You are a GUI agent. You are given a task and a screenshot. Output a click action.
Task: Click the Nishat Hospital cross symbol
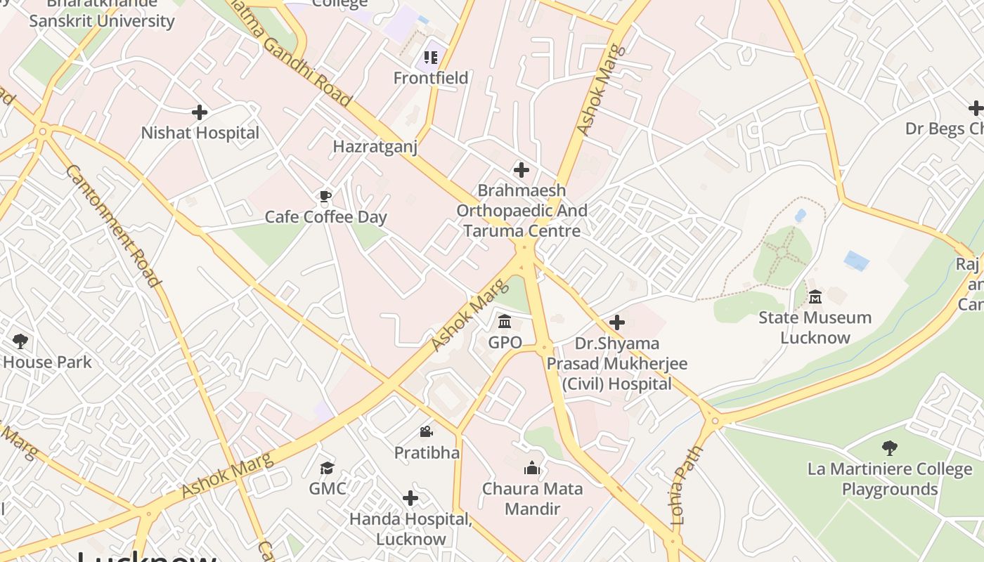coord(200,112)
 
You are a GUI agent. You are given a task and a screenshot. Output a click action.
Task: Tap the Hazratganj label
coord(375,147)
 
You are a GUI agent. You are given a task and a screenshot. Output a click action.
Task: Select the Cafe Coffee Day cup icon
coord(325,196)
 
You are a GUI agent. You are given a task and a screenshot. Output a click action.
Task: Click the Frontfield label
coord(431,78)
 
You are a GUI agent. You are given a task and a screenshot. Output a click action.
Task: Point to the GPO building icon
coord(505,322)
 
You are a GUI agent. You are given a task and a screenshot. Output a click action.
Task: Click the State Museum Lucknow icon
coord(815,297)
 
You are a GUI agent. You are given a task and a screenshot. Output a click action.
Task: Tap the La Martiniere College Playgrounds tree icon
coord(890,448)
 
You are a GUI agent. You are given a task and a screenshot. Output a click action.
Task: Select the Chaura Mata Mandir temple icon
coord(532,468)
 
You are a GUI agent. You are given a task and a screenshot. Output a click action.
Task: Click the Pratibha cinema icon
coord(427,431)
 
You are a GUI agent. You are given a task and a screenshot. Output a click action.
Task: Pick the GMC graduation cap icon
coord(328,468)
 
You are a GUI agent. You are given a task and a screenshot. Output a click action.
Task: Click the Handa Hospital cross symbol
coord(410,499)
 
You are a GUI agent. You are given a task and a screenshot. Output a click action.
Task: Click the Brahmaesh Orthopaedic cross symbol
coord(521,170)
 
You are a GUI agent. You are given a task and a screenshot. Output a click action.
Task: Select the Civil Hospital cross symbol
coord(617,322)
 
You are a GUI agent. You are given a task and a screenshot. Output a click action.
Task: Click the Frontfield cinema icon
coord(431,57)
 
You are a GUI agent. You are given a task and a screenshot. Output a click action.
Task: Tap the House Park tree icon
coord(20,341)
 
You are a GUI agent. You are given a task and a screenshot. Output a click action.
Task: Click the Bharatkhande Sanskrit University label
coord(102,14)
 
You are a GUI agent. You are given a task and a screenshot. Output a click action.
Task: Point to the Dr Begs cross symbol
coord(976,108)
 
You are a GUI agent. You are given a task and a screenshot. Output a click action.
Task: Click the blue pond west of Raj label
coord(856,261)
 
